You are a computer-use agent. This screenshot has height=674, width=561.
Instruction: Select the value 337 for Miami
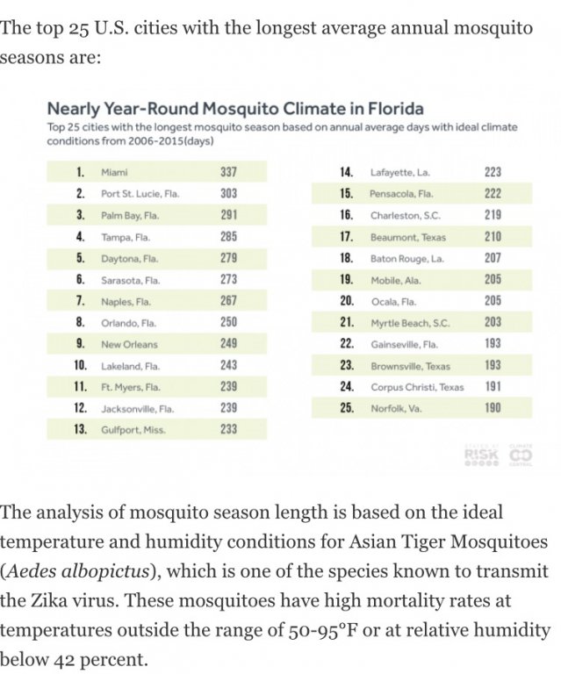228,172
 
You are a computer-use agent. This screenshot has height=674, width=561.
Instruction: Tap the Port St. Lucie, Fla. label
140,193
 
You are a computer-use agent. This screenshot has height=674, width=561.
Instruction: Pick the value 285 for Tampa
228,236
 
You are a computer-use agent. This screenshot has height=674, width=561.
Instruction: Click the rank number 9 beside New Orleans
80,344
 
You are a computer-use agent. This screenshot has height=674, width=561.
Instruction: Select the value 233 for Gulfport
228,430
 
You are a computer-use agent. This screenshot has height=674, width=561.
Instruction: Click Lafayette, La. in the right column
399,172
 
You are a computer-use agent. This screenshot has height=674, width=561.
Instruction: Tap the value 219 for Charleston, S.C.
493,214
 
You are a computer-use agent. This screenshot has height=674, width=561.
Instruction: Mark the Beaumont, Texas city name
408,236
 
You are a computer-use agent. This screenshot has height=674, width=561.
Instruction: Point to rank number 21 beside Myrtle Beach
346,322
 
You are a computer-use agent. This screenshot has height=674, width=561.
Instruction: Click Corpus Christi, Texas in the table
417,387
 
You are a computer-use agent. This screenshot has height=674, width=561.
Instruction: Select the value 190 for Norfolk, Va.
493,408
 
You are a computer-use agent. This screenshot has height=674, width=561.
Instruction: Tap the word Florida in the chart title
391,110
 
